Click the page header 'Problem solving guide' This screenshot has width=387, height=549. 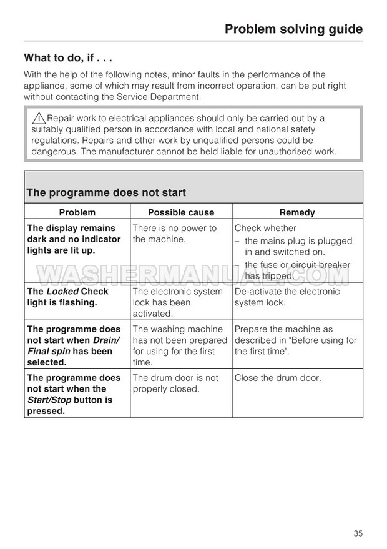point(293,29)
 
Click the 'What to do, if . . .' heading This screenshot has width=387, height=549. point(68,58)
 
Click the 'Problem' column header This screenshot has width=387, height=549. point(77,212)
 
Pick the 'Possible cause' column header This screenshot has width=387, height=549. point(180,212)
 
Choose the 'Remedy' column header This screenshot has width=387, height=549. point(297,212)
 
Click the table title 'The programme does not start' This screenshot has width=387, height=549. point(106,193)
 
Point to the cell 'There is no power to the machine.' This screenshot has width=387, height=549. point(175,234)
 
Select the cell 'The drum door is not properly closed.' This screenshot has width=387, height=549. point(175,383)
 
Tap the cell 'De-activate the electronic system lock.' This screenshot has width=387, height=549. point(287,297)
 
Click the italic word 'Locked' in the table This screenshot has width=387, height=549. point(62,292)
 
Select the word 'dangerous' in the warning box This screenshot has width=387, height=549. point(54,151)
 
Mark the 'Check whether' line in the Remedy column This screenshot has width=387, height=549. point(266,229)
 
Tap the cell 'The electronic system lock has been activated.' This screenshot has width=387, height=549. point(177,302)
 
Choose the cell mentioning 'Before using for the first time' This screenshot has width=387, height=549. point(295,340)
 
